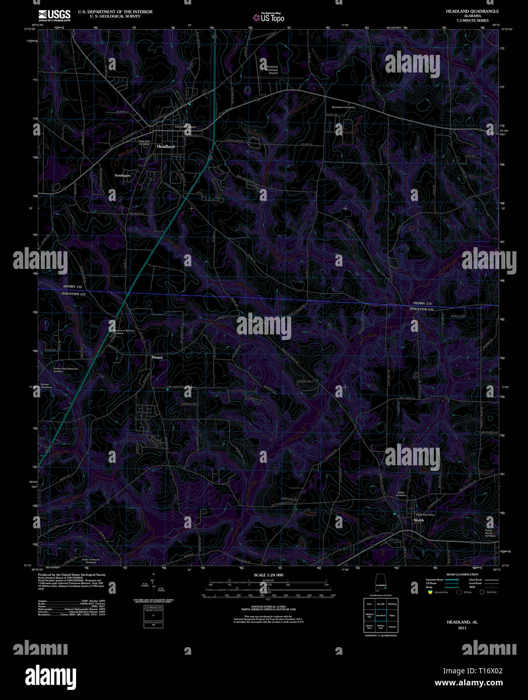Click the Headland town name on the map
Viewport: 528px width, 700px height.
click(x=166, y=147)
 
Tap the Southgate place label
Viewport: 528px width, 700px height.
click(x=122, y=175)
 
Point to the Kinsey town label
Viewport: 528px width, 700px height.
click(x=158, y=357)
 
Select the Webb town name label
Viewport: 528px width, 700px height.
click(x=419, y=520)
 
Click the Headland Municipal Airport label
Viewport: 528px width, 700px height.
click(x=272, y=70)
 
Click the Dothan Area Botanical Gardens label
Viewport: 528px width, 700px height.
click(x=66, y=370)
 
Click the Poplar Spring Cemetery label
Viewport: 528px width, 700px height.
click(x=490, y=533)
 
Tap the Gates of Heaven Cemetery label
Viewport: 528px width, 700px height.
click(x=91, y=561)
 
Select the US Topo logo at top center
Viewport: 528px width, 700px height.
click(x=269, y=18)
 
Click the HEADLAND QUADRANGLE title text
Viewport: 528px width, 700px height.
click(x=465, y=11)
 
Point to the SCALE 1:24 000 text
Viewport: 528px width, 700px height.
click(x=269, y=575)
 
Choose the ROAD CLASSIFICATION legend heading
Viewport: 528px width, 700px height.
click(x=462, y=574)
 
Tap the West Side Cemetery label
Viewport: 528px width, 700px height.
click(x=144, y=143)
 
